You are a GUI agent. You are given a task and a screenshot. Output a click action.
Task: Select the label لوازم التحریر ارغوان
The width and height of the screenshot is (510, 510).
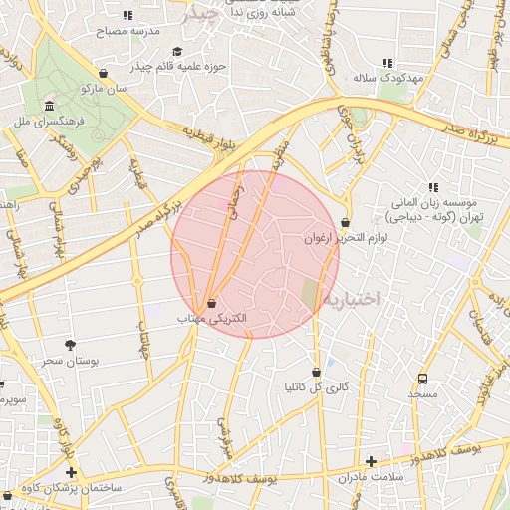pos(345,238)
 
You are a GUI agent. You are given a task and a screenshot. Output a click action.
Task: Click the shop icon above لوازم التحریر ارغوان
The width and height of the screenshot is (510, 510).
pos(345,223)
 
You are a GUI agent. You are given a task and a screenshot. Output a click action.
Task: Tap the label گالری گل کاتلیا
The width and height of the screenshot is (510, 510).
pos(316,386)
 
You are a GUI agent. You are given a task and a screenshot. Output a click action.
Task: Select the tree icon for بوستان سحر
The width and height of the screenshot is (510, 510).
pos(69,345)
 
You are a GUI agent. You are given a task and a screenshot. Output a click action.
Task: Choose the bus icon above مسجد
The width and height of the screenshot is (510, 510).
pos(423,380)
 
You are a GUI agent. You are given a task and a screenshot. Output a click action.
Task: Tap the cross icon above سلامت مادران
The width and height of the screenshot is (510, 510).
pos(371,461)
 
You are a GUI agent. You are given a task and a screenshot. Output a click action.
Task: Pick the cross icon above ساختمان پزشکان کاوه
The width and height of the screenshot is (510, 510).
pos(70,472)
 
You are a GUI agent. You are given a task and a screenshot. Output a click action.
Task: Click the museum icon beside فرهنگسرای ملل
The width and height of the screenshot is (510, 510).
pos(49,106)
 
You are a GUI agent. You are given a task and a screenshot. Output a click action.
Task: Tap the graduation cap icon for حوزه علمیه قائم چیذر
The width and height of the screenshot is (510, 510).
pos(177,52)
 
